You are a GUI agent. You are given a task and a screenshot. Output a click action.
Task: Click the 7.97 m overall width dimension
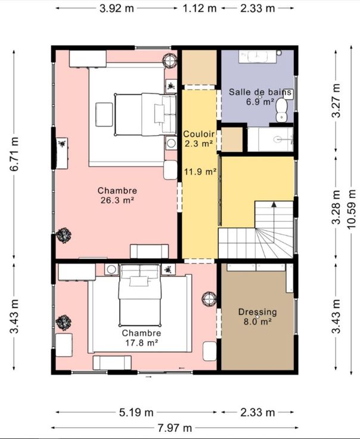pos(175,428)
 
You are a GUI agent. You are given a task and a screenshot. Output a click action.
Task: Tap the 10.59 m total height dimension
pos(351,209)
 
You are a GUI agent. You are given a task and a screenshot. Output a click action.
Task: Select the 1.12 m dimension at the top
pos(200,8)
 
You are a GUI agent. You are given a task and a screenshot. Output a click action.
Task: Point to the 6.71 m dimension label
pos(14,154)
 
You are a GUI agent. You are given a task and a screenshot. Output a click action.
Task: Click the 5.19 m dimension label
pos(136,412)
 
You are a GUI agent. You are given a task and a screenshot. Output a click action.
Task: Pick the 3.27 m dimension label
pos(336,101)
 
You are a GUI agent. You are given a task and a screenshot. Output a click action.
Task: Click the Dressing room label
pos(257,312)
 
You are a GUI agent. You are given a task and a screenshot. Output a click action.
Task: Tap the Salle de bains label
pos(260,92)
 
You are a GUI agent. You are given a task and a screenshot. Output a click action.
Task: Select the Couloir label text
pos(199,134)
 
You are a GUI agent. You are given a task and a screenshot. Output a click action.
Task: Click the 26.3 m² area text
pos(117,200)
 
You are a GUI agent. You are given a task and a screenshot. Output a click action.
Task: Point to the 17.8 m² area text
pos(141,342)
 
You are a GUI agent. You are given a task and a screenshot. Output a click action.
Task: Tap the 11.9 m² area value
pos(200,171)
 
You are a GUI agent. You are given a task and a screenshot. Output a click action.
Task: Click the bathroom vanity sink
pos(257,57)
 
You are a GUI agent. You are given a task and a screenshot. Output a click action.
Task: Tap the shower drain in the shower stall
pos(278,139)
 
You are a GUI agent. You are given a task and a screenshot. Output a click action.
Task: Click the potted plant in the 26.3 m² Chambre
pos(64,235)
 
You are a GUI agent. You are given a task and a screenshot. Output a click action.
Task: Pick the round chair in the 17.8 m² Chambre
pos(209,299)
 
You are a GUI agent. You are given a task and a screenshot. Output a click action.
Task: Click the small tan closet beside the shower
pos(232,140)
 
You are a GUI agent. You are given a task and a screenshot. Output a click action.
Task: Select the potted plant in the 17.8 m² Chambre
pos(64,323)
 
